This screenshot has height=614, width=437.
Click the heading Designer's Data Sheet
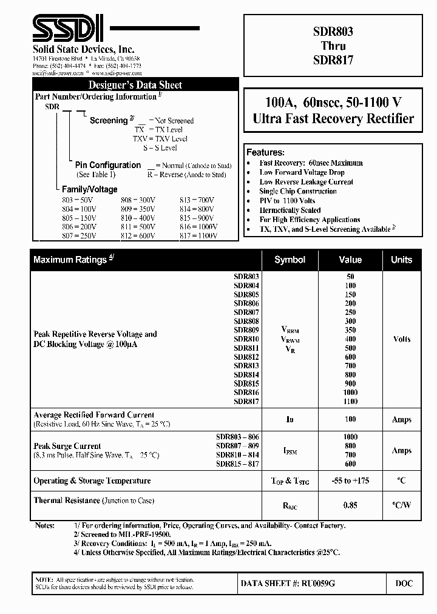pyautogui.click(x=135, y=85)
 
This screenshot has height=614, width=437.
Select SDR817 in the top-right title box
pyautogui.click(x=333, y=60)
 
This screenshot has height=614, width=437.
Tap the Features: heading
pyautogui.click(x=265, y=152)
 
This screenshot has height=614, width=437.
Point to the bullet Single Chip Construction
pyautogui.click(x=298, y=191)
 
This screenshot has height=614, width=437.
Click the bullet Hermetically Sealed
pyautogui.click(x=290, y=210)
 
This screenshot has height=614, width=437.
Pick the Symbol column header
pyautogui.click(x=290, y=260)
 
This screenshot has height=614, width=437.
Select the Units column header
pyautogui.click(x=401, y=260)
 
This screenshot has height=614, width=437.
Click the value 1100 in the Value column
pyautogui.click(x=351, y=402)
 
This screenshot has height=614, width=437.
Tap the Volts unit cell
pyautogui.click(x=402, y=339)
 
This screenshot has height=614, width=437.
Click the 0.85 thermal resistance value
pyautogui.click(x=351, y=505)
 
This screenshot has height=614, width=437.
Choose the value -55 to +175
pyautogui.click(x=351, y=481)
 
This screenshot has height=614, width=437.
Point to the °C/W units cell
pyautogui.click(x=402, y=505)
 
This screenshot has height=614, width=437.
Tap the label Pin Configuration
pyautogui.click(x=108, y=165)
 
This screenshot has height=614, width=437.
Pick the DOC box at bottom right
pyautogui.click(x=404, y=584)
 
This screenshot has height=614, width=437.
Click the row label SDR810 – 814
pyautogui.click(x=237, y=455)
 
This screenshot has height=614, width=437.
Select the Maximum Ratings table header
pyautogui.click(x=73, y=260)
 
